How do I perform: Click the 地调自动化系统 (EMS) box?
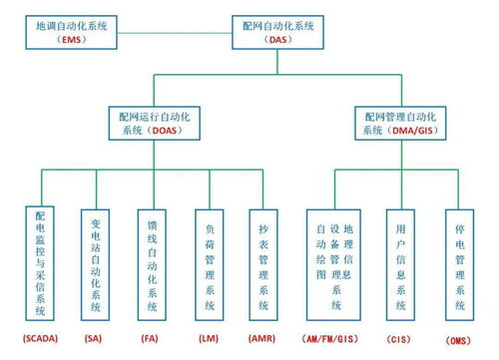click(69, 31)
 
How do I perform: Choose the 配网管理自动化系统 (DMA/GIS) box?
click(404, 124)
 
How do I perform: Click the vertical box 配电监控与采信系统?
click(39, 262)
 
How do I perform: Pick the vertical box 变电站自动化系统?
click(95, 262)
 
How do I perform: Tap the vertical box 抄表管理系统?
click(261, 262)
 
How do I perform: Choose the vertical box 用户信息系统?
click(401, 262)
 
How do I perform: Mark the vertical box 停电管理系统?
click(458, 262)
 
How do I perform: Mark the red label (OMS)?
click(458, 341)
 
